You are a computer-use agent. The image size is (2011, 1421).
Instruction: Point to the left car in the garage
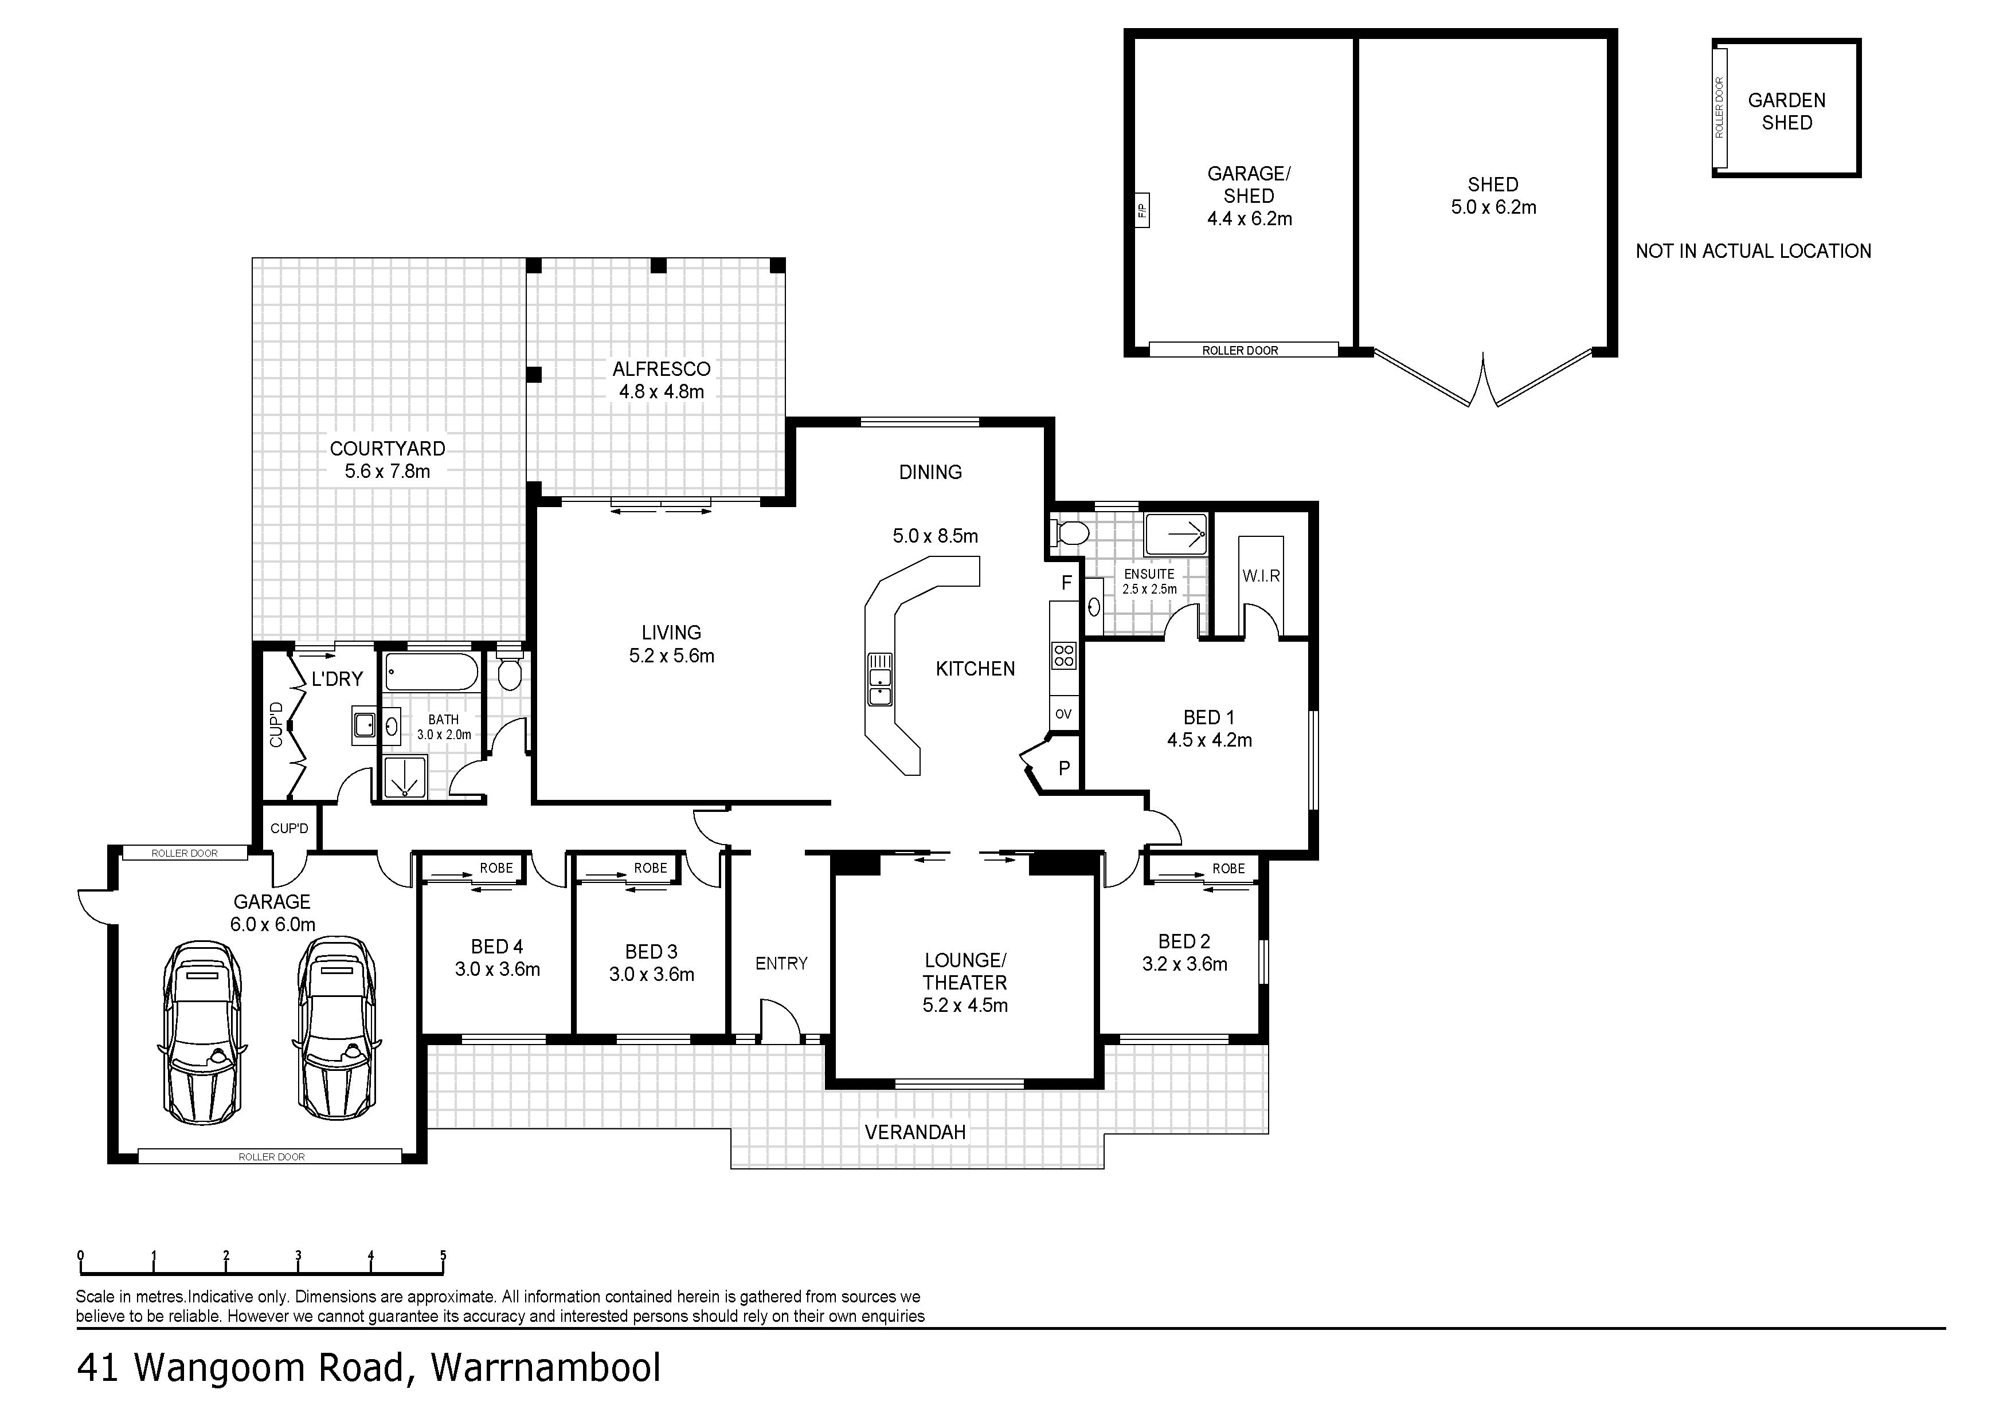201,1033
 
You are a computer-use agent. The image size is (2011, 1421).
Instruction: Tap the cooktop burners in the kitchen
1064,655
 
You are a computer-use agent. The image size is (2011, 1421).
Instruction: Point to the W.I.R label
1261,576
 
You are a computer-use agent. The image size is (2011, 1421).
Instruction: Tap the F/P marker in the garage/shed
1141,210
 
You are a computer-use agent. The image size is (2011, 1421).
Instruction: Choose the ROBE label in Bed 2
1229,869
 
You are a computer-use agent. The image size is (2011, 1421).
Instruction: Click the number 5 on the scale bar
443,1255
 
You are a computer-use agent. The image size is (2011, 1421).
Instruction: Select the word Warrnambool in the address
546,1368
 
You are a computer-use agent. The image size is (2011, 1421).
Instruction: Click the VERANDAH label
915,1132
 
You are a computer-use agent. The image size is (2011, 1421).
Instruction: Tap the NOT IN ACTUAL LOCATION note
1754,252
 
